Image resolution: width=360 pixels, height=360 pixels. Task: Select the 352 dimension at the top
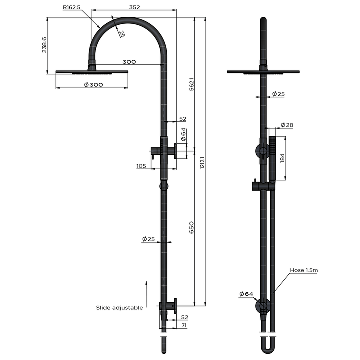pyautogui.click(x=133, y=7)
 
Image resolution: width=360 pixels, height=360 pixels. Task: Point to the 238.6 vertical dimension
pyautogui.click(x=44, y=45)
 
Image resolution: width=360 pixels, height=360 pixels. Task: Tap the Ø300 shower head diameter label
pyautogui.click(x=93, y=85)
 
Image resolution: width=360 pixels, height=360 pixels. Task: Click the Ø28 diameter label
pyautogui.click(x=287, y=125)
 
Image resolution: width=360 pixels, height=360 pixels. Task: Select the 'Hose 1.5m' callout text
pyautogui.click(x=304, y=270)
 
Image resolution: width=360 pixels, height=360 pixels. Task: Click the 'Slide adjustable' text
pyautogui.click(x=119, y=308)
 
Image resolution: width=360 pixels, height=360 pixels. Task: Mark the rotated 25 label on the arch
pyautogui.click(x=122, y=33)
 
